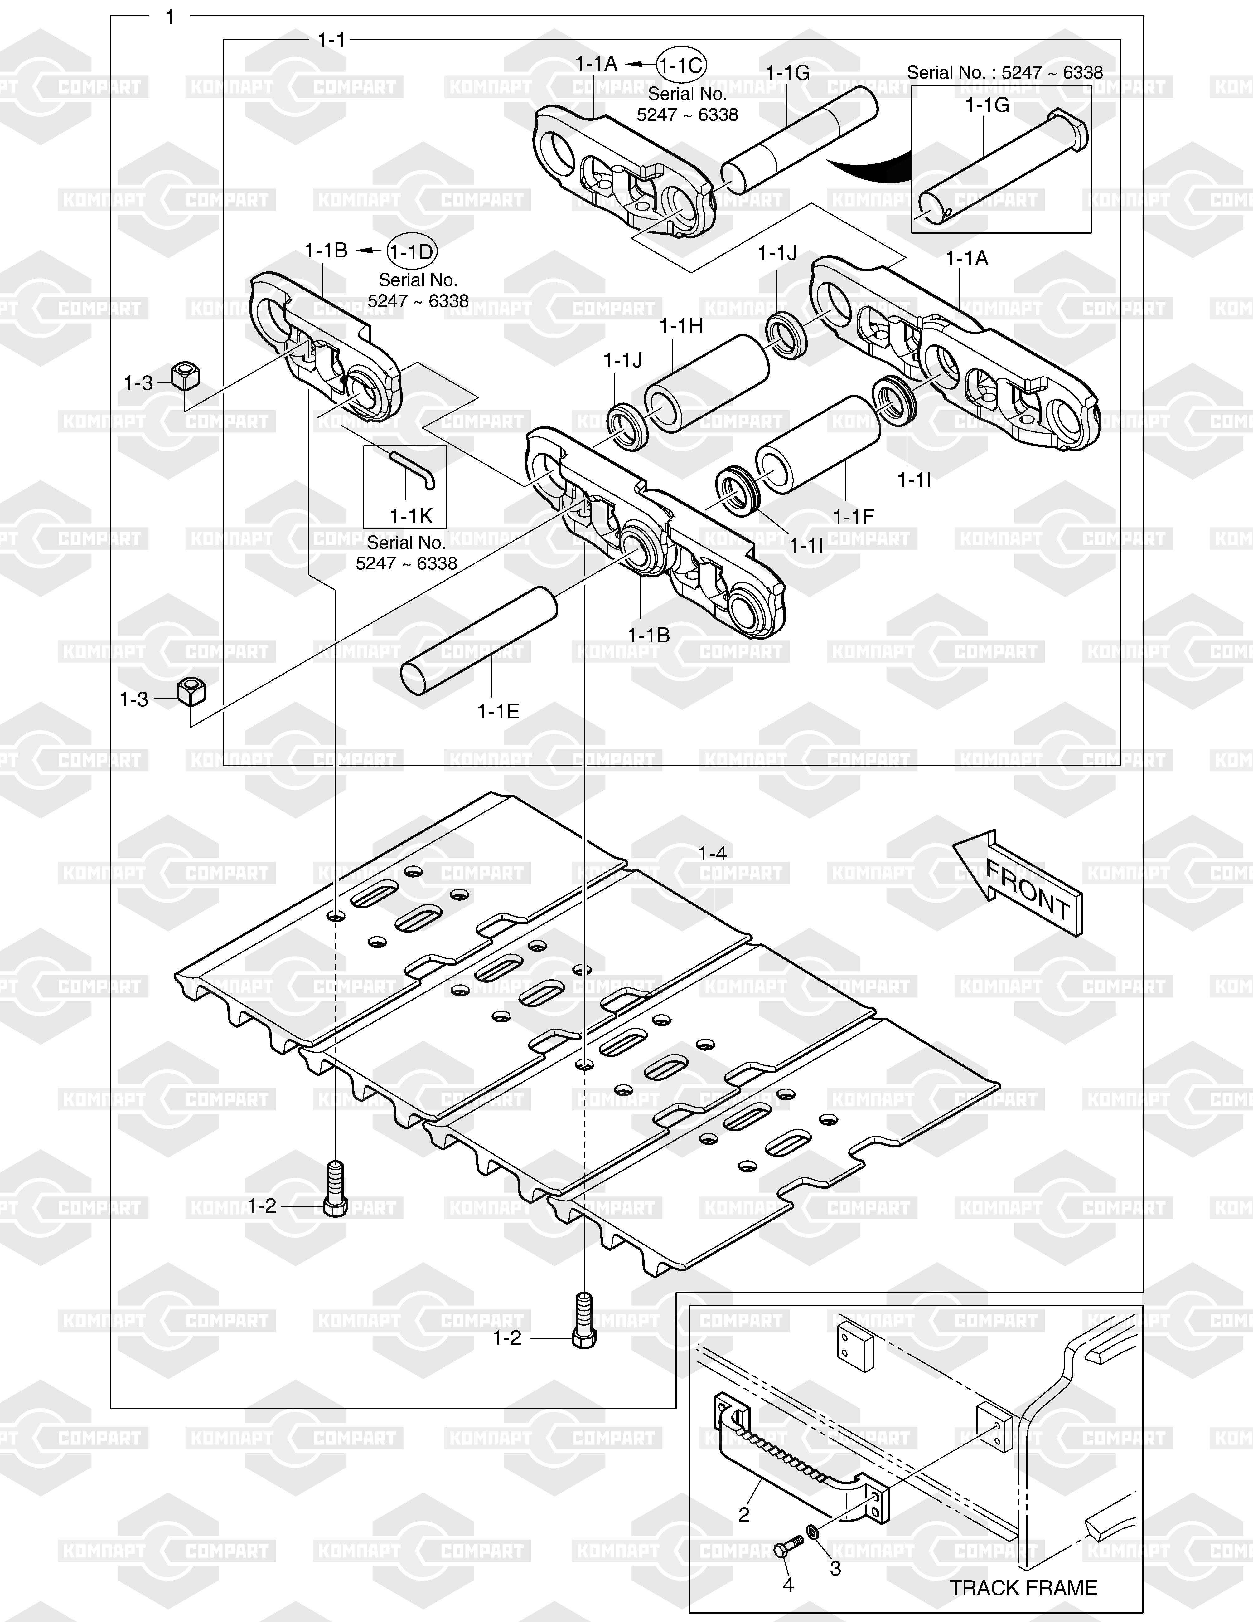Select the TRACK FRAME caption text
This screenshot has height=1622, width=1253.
(x=1023, y=1588)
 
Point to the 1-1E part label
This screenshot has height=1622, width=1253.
(x=498, y=712)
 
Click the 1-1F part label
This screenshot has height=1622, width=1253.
(x=854, y=517)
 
